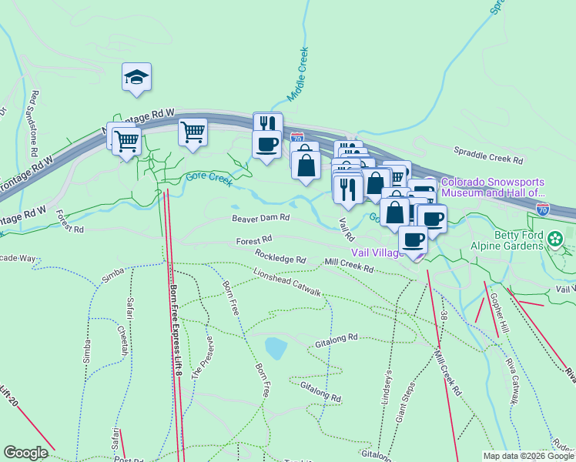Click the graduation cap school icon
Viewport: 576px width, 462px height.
pos(136,77)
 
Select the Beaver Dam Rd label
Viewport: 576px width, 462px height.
pos(261,218)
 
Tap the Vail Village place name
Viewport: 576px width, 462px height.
pos(378,253)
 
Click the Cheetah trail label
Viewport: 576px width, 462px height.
pos(123,339)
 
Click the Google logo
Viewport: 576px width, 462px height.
pos(25,453)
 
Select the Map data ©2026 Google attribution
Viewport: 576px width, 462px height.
pos(528,456)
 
